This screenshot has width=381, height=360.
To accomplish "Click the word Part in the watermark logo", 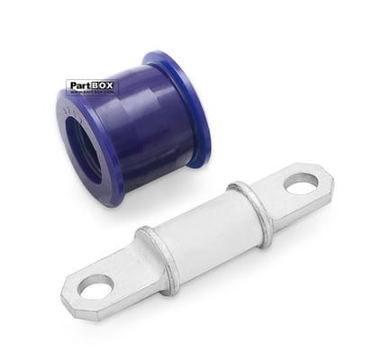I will (x=79, y=86).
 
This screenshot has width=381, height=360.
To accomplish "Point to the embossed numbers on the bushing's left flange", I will (x=68, y=108).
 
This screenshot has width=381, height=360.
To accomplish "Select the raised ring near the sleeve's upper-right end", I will (x=252, y=213).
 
